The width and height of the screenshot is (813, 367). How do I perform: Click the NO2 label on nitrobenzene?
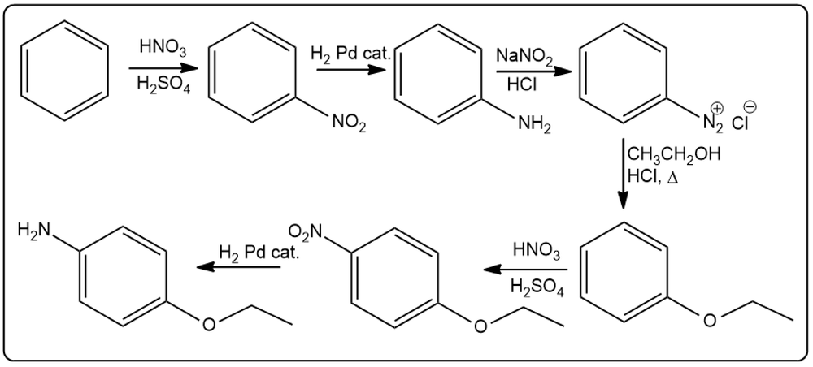(349, 125)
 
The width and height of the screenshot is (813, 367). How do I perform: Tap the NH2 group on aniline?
(533, 125)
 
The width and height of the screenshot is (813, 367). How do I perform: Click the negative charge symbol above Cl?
(750, 106)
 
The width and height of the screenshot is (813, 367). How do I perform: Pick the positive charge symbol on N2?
(718, 108)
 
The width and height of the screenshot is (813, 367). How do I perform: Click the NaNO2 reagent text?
(524, 56)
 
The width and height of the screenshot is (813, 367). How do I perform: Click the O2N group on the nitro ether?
(305, 230)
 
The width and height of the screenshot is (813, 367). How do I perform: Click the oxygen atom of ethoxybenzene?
(709, 321)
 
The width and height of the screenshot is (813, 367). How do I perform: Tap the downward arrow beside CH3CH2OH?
(624, 174)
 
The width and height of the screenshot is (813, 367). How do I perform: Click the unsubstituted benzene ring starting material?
(64, 71)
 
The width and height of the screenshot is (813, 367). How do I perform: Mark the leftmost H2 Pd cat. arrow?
(238, 267)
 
